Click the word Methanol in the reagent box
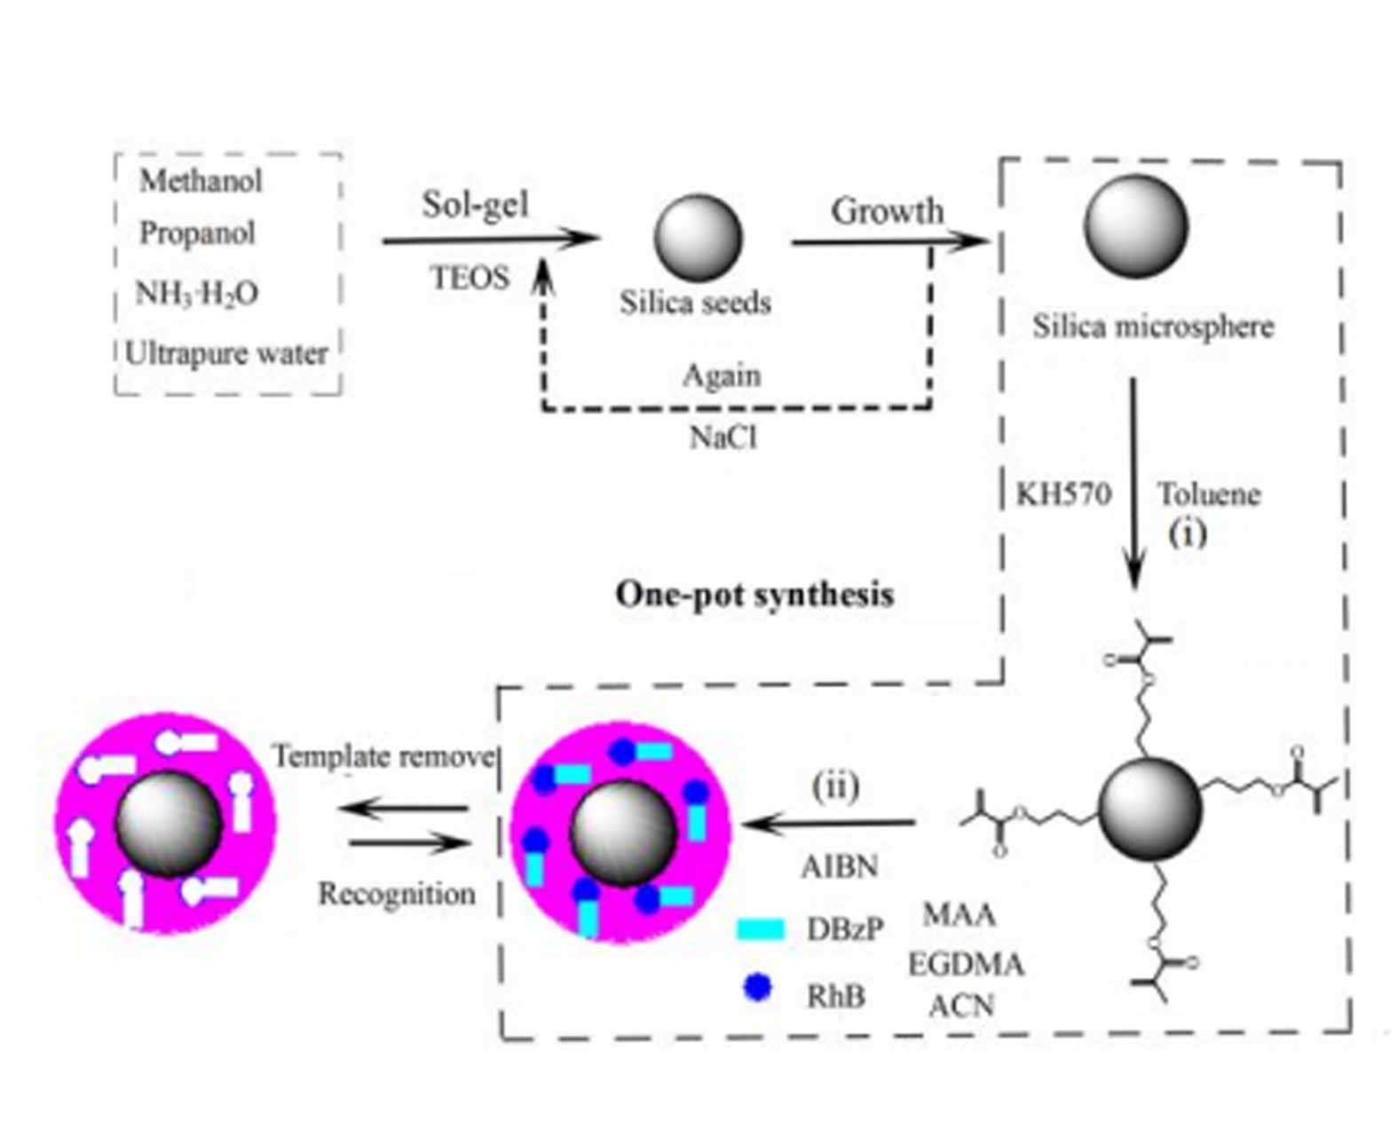pos(201,181)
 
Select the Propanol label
pos(197,233)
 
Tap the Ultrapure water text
pos(226,353)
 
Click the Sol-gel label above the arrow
pos(475,205)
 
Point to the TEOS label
pos(470,278)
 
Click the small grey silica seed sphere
pos(697,237)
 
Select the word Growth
pos(887,211)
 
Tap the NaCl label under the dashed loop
pos(723,438)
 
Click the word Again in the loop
pos(722,375)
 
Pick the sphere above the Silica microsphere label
pos(1135,225)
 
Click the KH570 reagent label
pos(1063,494)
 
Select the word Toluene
pos(1208,494)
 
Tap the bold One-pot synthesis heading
pos(754,594)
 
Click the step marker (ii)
pos(835,786)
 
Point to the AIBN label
pos(840,866)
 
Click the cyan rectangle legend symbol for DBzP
pos(761,929)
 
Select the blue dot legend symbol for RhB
pos(756,988)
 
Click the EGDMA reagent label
pos(966,964)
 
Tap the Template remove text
pos(383,756)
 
